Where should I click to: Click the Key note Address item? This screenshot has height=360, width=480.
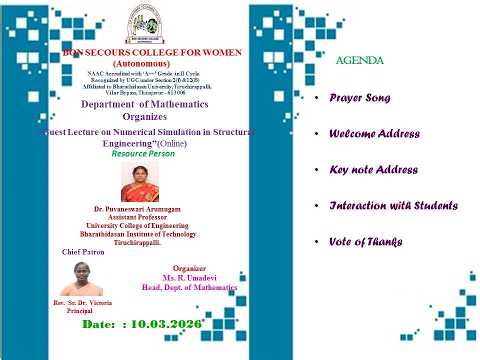373,170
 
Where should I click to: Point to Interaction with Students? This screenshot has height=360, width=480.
393,205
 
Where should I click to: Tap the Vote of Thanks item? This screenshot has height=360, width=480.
366,241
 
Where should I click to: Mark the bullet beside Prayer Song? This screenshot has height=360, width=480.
316,99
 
